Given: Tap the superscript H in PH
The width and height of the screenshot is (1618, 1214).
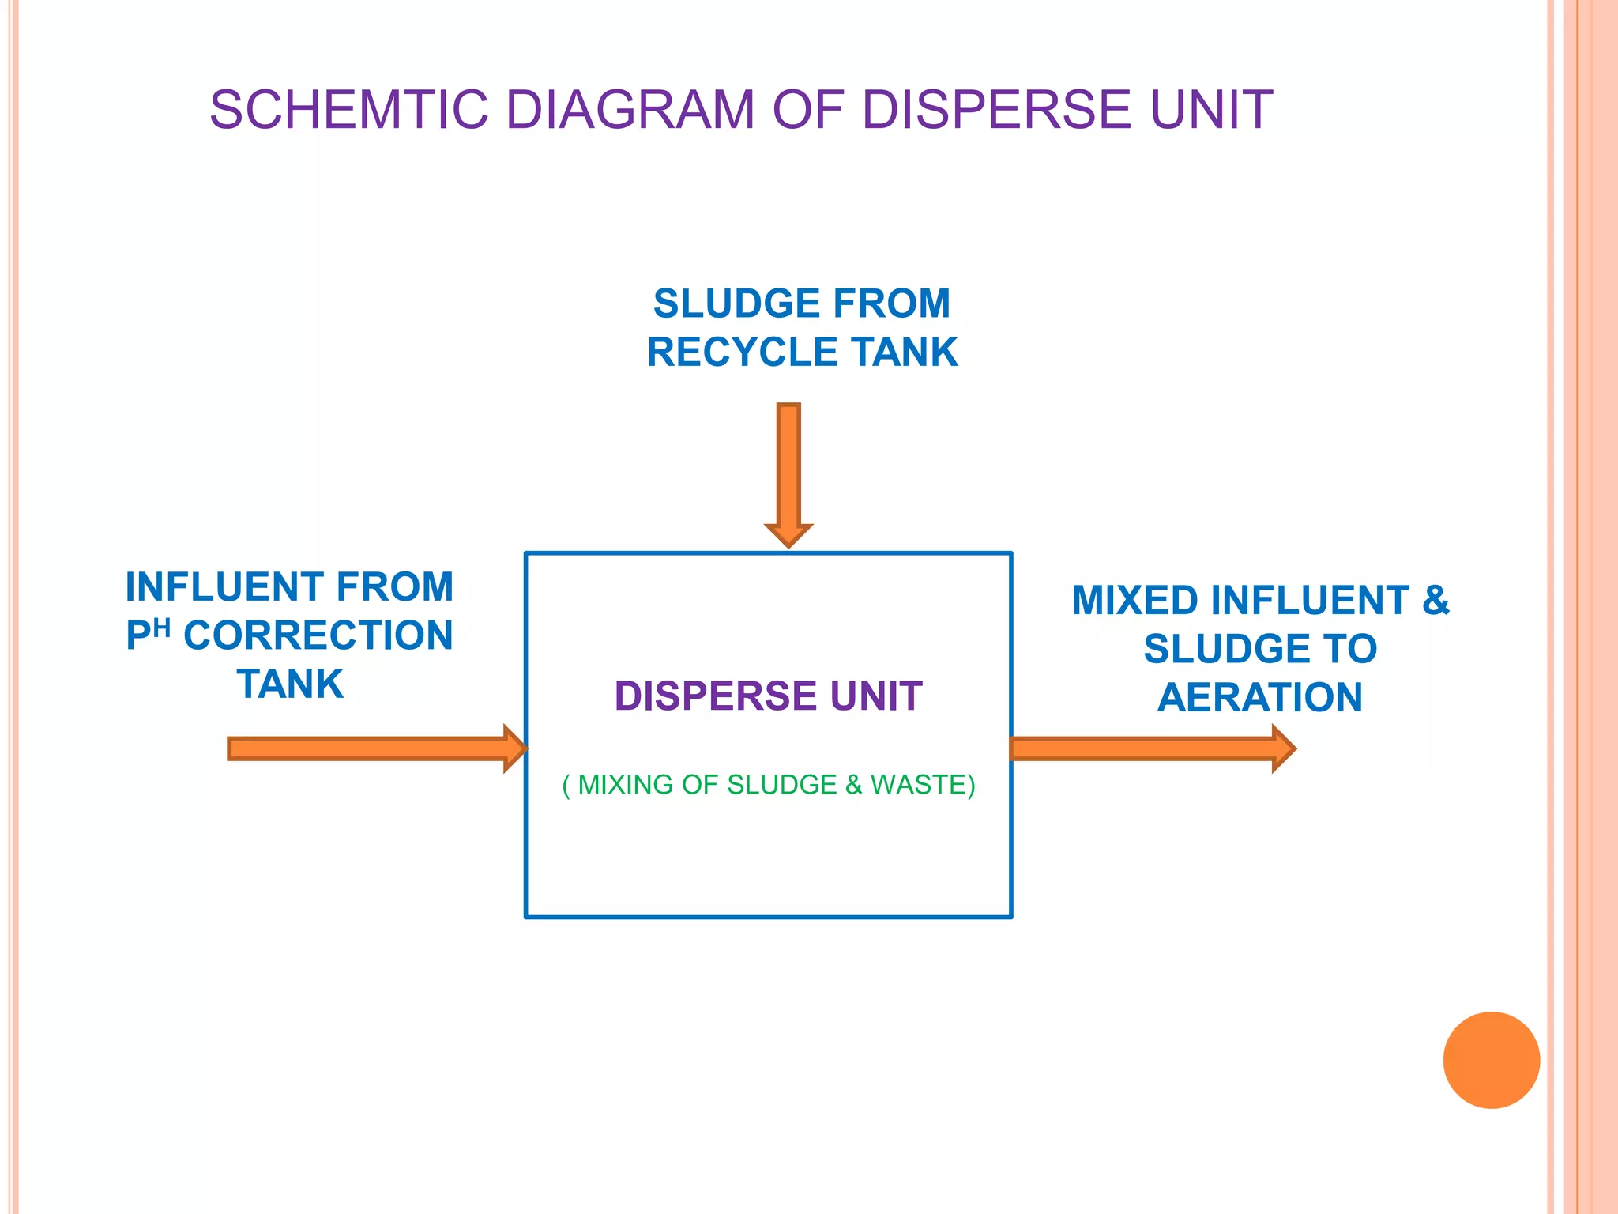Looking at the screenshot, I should pos(162,628).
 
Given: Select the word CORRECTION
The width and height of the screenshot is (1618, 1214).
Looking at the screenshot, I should pos(318,635).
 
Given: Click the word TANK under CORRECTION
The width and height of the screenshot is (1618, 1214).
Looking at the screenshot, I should pos(290,684).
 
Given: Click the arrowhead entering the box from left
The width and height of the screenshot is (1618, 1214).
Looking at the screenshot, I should pos(515,748).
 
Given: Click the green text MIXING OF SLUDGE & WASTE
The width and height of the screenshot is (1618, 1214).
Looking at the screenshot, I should pos(769,785).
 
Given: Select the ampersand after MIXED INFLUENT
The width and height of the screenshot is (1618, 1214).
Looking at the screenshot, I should pos(1436,601).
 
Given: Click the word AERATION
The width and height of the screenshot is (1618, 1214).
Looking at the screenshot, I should pos(1260,698).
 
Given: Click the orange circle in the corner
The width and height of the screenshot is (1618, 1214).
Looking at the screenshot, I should pos(1491,1060).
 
